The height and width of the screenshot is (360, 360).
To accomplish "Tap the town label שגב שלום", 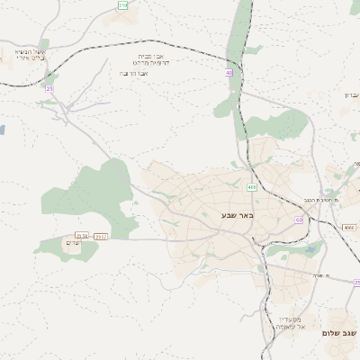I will click(x=340, y=333).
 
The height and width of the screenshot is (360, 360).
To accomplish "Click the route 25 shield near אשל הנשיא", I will click(x=49, y=89).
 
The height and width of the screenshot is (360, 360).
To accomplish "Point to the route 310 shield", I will click(x=122, y=5).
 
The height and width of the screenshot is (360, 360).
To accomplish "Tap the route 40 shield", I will click(x=229, y=73).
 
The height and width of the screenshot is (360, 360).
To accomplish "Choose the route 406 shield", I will click(x=252, y=187).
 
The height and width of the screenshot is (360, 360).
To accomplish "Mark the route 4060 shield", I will click(x=348, y=228).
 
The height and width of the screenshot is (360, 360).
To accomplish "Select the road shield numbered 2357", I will click(x=101, y=236).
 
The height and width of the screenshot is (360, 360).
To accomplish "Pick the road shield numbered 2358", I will click(x=83, y=236).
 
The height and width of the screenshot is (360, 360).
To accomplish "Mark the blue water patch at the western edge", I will click(x=3, y=130).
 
